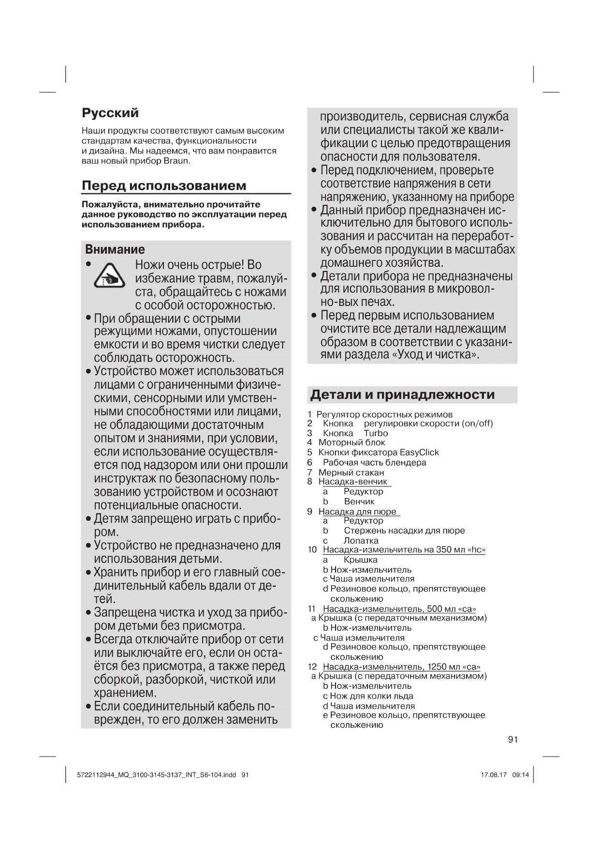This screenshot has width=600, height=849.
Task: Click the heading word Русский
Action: pyautogui.click(x=110, y=113)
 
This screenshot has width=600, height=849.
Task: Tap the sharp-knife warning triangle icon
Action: pyautogui.click(x=109, y=275)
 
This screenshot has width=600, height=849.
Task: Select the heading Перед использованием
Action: pyautogui.click(x=164, y=185)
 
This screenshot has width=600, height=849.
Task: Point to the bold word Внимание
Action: pyautogui.click(x=115, y=249)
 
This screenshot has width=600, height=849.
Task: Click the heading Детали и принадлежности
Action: pyautogui.click(x=402, y=394)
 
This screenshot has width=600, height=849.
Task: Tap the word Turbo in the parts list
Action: pyautogui.click(x=376, y=433)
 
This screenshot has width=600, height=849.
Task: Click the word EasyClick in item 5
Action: pyautogui.click(x=419, y=453)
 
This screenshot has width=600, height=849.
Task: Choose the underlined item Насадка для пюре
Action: pyautogui.click(x=357, y=512)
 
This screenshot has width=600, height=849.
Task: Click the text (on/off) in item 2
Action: pyautogui.click(x=477, y=424)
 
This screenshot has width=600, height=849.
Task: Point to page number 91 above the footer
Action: pyautogui.click(x=513, y=739)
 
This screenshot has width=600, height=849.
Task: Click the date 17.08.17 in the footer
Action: pyautogui.click(x=494, y=774)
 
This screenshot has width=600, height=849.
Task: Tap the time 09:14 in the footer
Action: pyautogui.click(x=521, y=774)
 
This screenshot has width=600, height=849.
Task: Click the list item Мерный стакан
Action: pyautogui.click(x=351, y=472)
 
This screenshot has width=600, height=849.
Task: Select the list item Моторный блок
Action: pyautogui.click(x=351, y=442)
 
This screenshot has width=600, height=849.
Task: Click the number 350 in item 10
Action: pyautogui.click(x=443, y=550)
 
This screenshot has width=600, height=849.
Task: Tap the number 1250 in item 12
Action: pyautogui.click(x=437, y=667)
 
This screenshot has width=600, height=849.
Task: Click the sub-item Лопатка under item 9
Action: pyautogui.click(x=361, y=541)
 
